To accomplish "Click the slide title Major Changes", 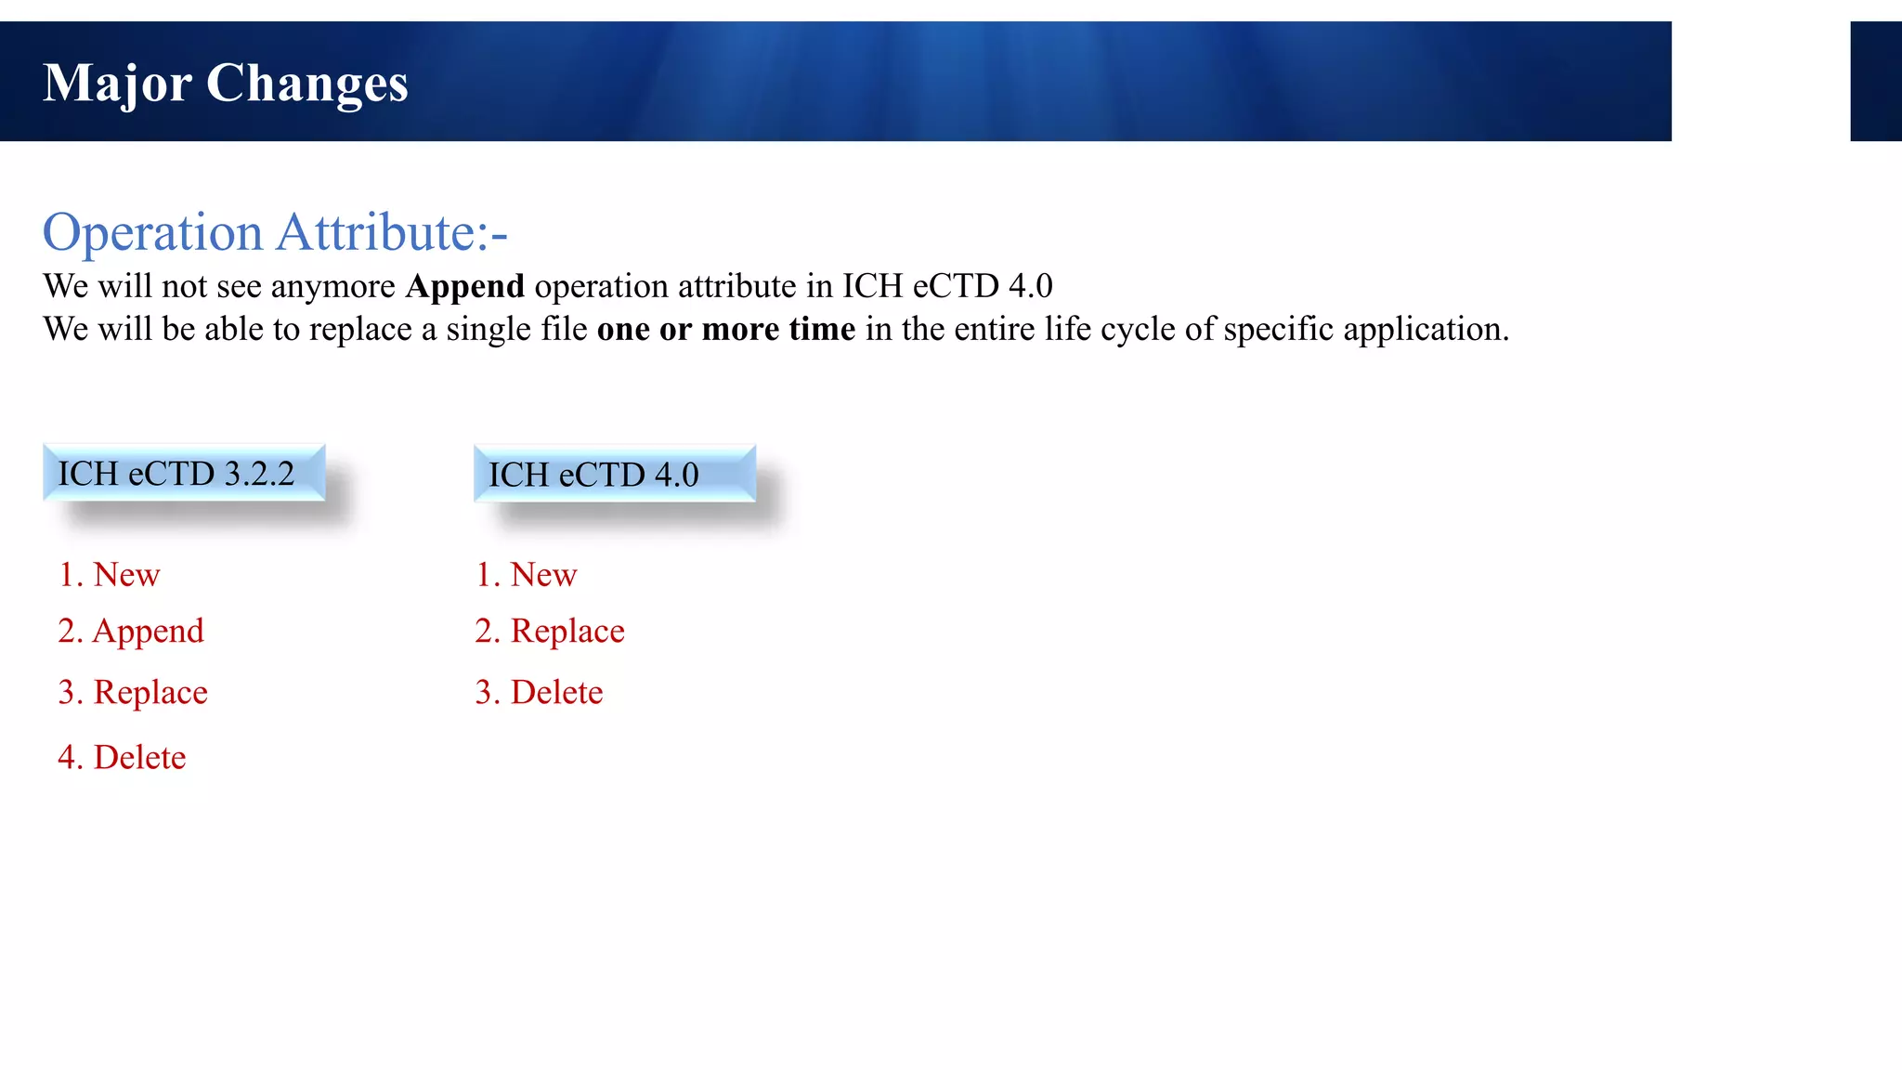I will click(x=226, y=84).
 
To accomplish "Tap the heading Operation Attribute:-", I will click(x=275, y=232).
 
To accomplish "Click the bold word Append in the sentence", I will click(x=464, y=286).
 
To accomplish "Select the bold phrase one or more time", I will click(x=725, y=330).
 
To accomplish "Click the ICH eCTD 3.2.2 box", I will click(x=184, y=474).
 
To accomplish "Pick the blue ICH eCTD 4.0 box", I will click(x=614, y=475).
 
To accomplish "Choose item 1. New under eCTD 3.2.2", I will click(x=110, y=575).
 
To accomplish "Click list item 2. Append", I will click(x=131, y=632).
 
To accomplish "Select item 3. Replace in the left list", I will click(x=133, y=693).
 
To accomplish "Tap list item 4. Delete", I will click(x=122, y=758).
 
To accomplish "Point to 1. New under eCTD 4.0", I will click(x=527, y=575).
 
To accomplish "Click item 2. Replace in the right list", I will click(x=550, y=632).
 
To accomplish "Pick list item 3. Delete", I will click(x=539, y=693).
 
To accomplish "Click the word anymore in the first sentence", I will click(x=333, y=287).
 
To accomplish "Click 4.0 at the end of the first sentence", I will click(x=1030, y=286).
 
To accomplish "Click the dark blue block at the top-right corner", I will click(x=1875, y=82).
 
